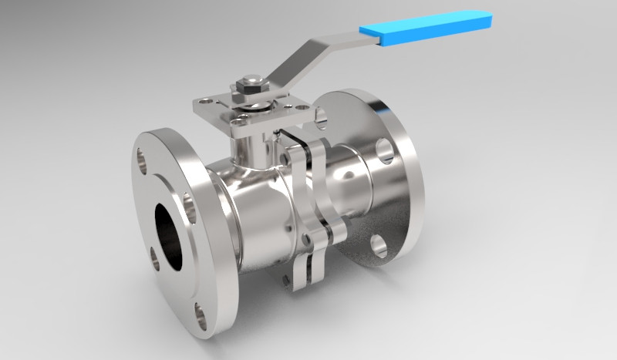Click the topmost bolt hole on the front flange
[146, 158]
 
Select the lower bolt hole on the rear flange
[378, 246]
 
